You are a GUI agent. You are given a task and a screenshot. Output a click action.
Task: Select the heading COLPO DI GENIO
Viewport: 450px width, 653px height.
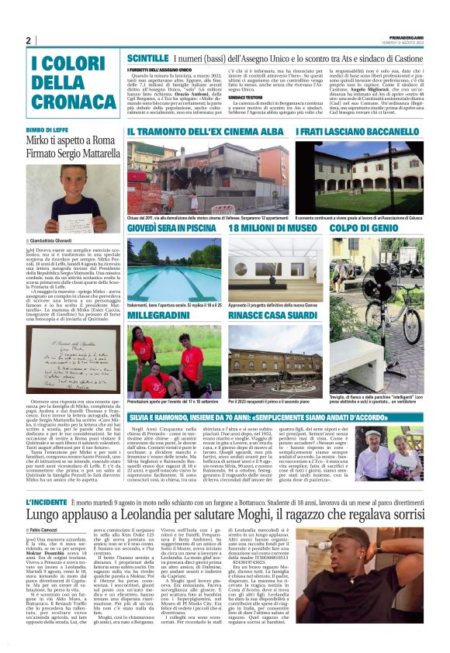[360, 229]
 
